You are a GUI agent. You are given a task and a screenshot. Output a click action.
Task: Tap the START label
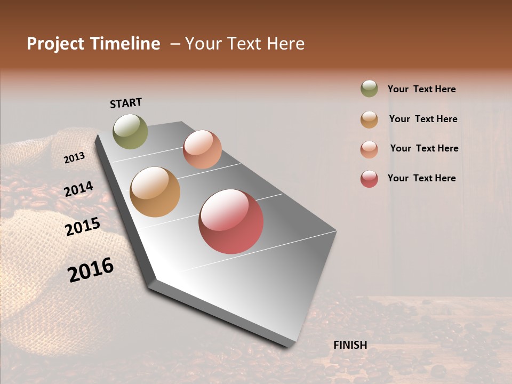pos(126,103)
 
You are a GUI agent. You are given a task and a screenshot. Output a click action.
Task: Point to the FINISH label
pos(350,345)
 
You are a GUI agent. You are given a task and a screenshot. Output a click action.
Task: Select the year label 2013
pos(75,158)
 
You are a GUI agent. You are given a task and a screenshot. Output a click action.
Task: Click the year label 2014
pos(78,189)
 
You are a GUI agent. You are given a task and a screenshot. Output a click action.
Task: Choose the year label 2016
pos(91,270)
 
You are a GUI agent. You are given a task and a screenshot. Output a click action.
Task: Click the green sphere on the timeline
pos(131,131)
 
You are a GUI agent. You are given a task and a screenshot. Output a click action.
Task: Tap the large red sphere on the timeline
pos(231,221)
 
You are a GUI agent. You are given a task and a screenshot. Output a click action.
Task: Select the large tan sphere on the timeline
pos(155,192)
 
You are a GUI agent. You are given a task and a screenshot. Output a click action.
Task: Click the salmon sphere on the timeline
pos(202,149)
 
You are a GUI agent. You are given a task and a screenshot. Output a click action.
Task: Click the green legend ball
pos(369,89)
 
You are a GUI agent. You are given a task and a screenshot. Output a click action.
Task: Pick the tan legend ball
pos(369,119)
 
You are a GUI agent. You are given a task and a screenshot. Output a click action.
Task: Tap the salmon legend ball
pos(369,149)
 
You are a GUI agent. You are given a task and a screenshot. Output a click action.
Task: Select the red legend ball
pos(369,179)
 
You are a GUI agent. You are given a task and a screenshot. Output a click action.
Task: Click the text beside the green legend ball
pos(421,89)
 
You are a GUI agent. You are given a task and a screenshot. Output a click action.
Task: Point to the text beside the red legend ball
pos(421,178)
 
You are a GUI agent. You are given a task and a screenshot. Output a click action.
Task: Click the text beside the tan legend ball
pos(423,119)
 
